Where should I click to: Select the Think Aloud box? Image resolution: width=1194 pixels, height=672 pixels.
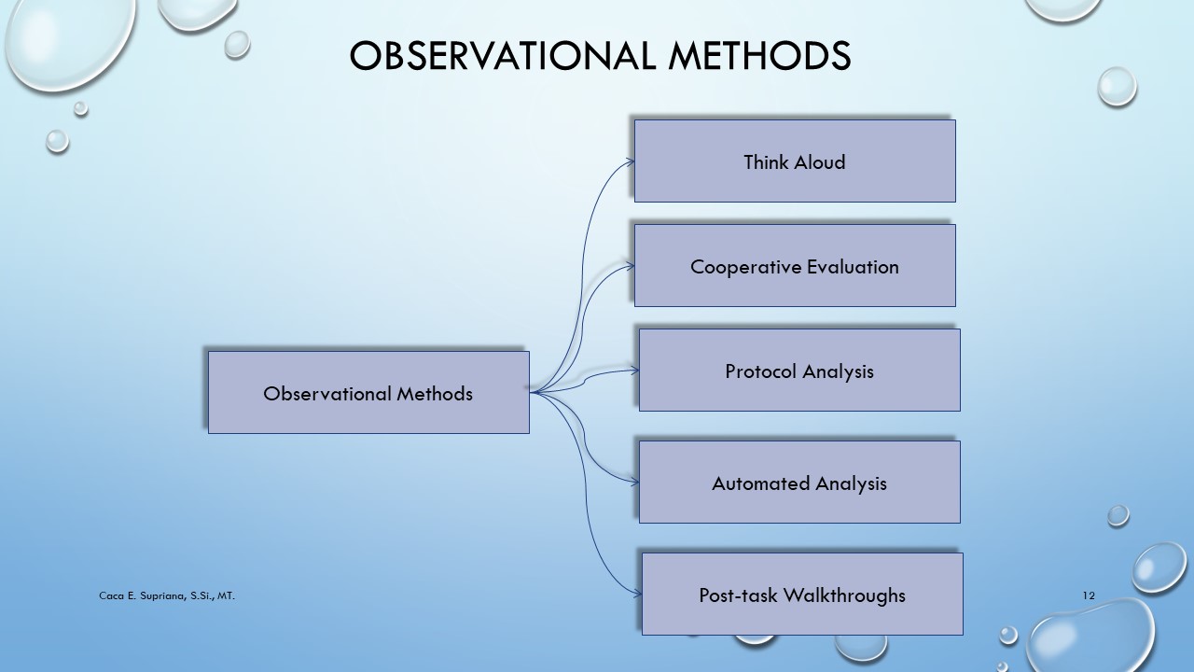pos(795,161)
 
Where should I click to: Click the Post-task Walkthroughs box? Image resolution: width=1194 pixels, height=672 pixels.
pos(802,594)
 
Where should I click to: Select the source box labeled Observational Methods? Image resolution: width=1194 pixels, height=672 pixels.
pos(368,392)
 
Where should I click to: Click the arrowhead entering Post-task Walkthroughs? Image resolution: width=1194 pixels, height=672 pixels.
pos(637,594)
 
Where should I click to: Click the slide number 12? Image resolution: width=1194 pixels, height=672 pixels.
pos(1089,595)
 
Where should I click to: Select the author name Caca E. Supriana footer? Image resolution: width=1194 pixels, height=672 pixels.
pos(167,595)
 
